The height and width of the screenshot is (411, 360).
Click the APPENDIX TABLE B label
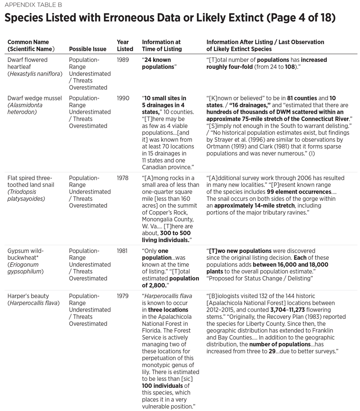point(31,5)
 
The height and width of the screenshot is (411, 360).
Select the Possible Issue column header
point(89,49)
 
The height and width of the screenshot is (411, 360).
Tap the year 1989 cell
point(123,60)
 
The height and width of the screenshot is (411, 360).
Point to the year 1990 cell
point(123,98)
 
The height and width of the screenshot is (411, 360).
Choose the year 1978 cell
point(123,178)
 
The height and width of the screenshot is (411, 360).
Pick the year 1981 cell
point(123,251)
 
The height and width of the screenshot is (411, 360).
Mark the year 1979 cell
point(123,296)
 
